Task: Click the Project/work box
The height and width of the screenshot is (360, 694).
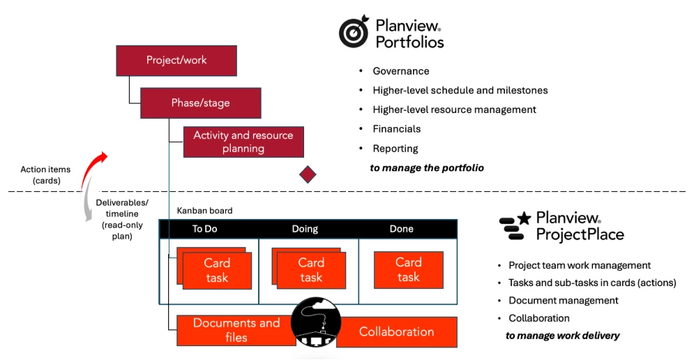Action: [176, 60]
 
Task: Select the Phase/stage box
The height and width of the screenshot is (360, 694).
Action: [200, 103]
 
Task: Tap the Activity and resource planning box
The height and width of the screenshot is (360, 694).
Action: [243, 142]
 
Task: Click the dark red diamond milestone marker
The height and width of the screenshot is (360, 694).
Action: [308, 174]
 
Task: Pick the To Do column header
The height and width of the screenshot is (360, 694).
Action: [206, 229]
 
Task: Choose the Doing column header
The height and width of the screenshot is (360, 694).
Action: [305, 229]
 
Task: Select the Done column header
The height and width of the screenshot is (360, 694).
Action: [401, 229]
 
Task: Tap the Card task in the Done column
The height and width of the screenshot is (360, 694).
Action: [408, 270]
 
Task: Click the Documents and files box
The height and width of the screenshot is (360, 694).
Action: [236, 331]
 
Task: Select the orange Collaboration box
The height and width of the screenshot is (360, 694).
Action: [397, 332]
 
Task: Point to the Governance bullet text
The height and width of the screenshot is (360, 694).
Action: [401, 71]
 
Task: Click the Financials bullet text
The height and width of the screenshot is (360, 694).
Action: [396, 129]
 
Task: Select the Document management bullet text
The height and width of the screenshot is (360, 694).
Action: [563, 301]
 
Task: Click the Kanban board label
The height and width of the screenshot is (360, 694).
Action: [204, 211]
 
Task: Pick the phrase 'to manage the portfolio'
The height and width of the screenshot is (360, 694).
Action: [427, 168]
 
